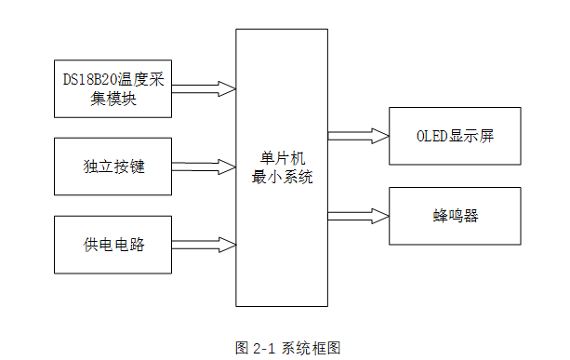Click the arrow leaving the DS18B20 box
[204, 89]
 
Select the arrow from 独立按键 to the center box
[204, 167]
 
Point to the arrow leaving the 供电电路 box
[204, 246]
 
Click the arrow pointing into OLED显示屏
[358, 136]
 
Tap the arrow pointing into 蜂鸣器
[358, 215]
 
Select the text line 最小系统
[282, 177]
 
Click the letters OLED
[433, 136]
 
